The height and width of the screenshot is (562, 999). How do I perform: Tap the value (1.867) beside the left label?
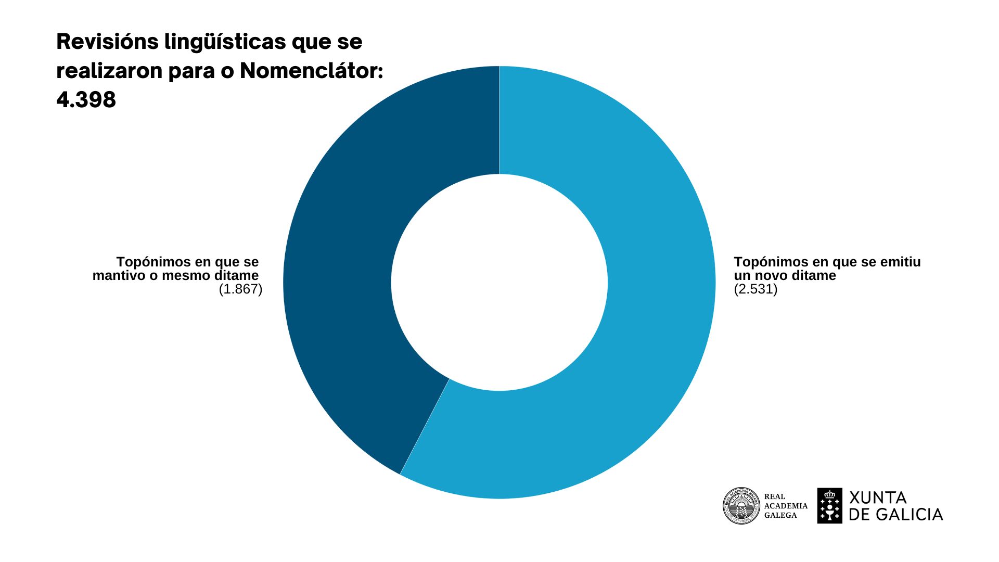[240, 289]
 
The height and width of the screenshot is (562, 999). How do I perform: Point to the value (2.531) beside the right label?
[755, 289]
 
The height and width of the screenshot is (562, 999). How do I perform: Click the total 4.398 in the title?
[86, 99]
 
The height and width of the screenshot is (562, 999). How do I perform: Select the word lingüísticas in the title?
[225, 42]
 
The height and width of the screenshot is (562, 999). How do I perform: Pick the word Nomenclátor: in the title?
[311, 71]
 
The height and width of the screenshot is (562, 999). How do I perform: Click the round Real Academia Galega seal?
[741, 506]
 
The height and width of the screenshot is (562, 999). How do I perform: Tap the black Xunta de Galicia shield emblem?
[829, 506]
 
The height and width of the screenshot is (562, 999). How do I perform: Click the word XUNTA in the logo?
[878, 498]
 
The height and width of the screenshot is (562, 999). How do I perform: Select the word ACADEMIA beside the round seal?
[786, 506]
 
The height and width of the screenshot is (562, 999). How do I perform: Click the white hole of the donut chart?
[499, 283]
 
